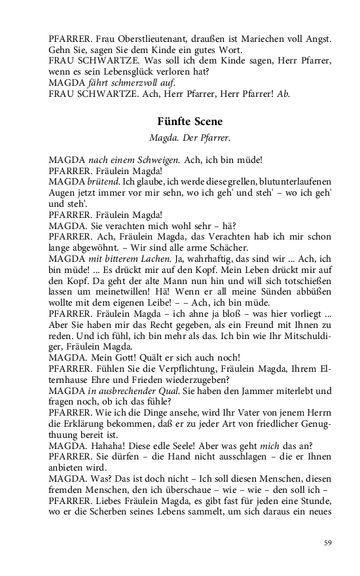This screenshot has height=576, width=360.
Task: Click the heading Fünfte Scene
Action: [x=190, y=122]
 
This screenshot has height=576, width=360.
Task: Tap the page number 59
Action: [x=328, y=542]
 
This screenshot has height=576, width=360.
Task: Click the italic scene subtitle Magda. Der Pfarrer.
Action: [x=190, y=138]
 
